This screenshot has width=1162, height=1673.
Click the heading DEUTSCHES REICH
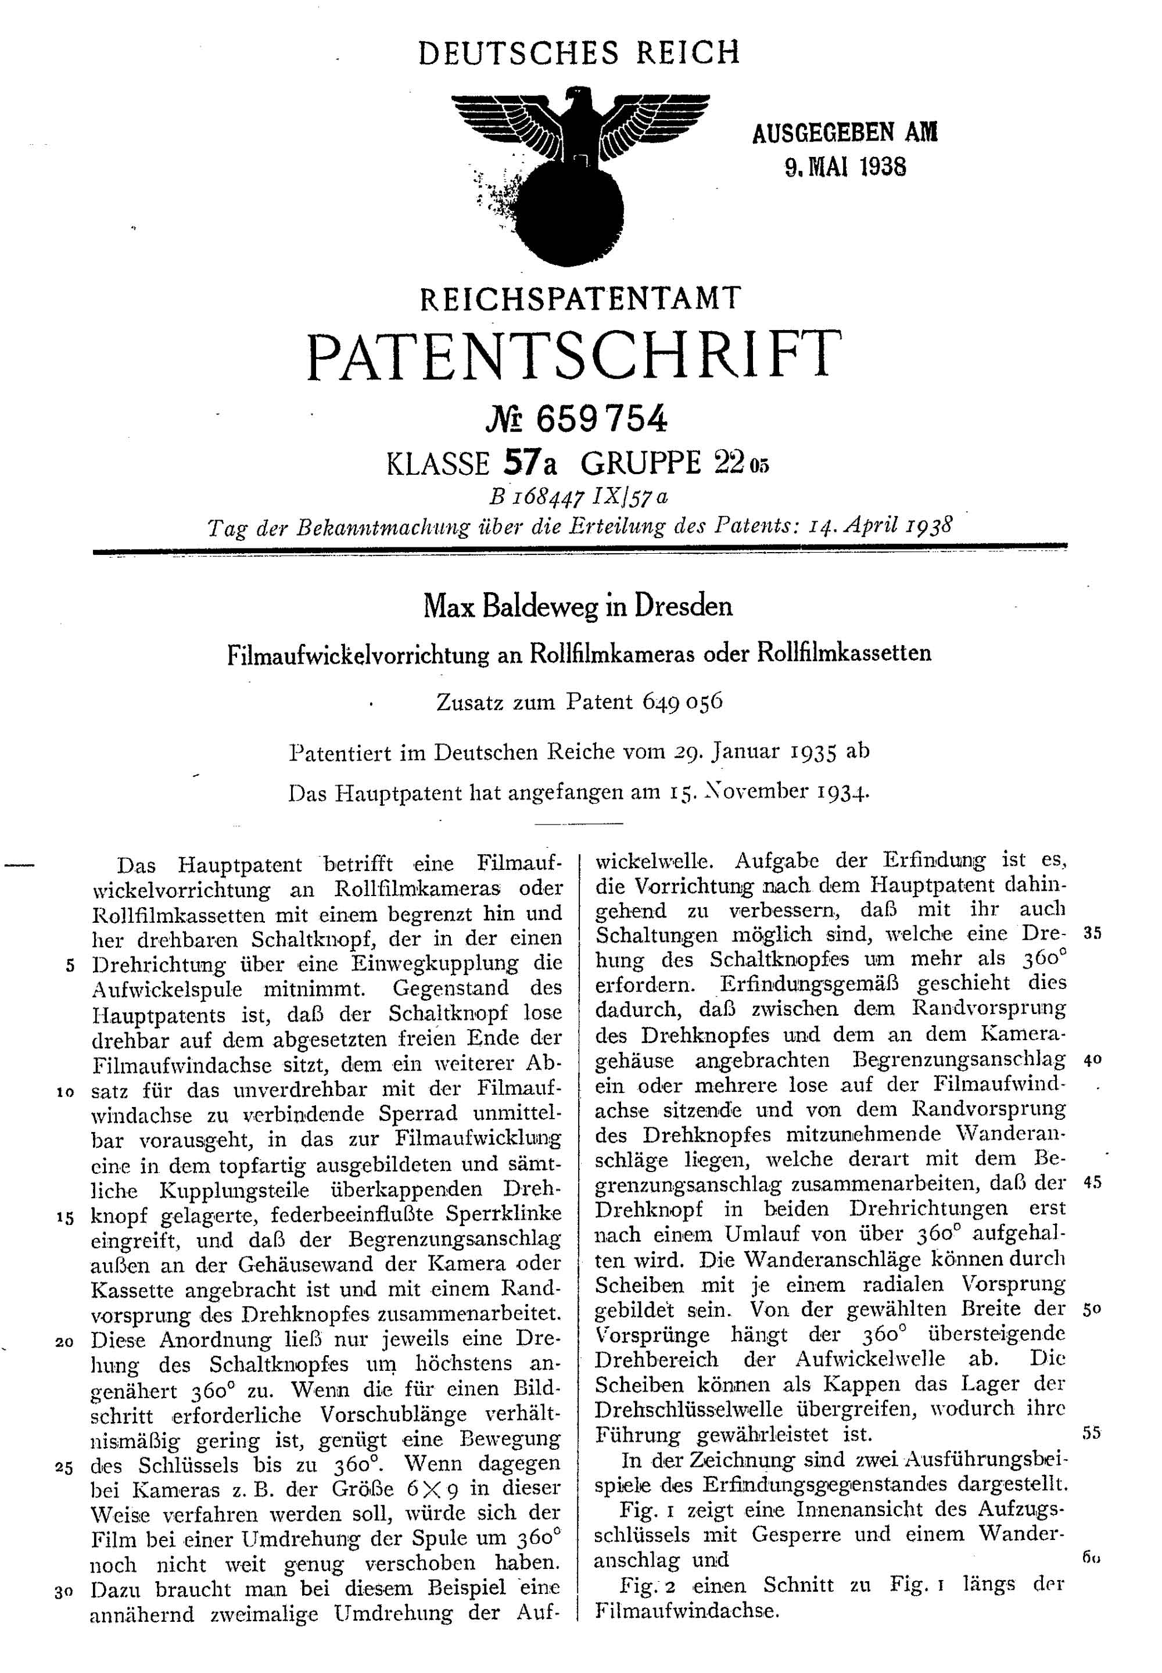[x=579, y=53]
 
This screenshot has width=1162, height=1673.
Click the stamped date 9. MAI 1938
[x=845, y=168]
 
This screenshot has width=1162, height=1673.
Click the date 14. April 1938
[x=880, y=526]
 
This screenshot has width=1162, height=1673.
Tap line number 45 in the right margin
[x=1092, y=1183]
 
